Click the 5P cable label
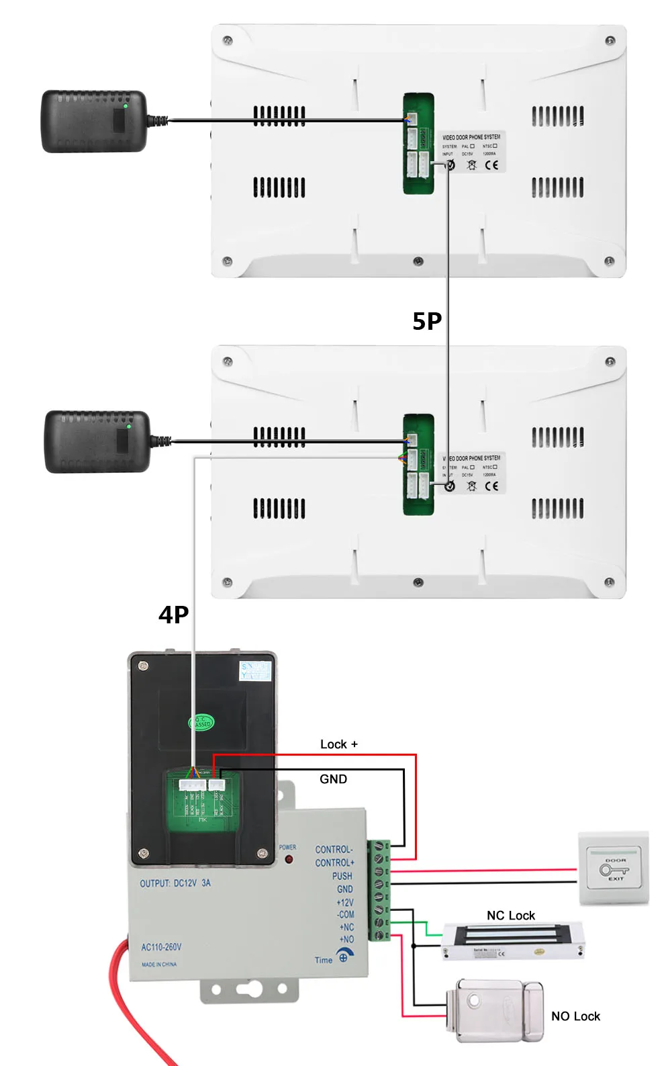[427, 321]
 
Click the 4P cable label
[173, 615]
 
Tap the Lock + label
[338, 744]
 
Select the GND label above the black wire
[333, 779]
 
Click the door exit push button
[614, 869]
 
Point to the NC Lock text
[510, 916]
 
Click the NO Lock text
[575, 1016]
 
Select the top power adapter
[94, 122]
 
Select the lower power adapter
[97, 442]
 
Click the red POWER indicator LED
[289, 859]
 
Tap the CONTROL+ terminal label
[334, 862]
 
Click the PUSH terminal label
[342, 876]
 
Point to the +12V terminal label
[344, 902]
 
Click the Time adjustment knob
[344, 956]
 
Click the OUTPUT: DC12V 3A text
[175, 883]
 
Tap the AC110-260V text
[161, 947]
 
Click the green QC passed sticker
[201, 723]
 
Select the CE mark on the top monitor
[491, 165]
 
